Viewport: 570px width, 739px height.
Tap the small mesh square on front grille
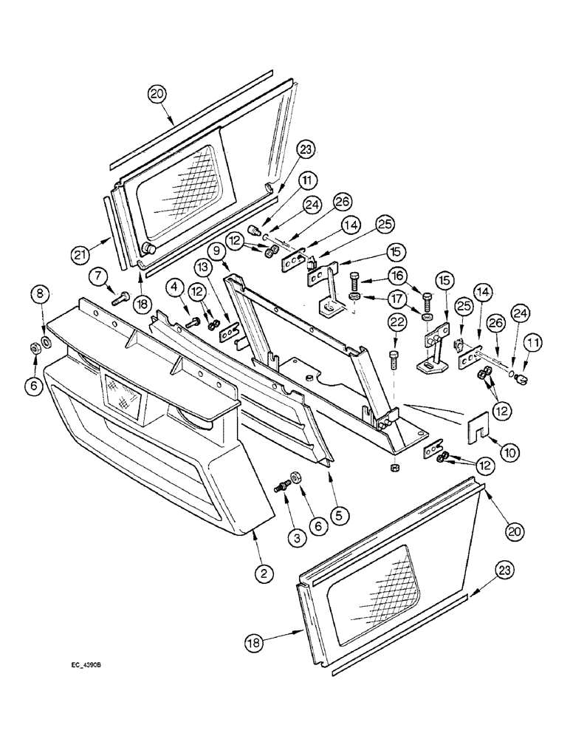point(123,395)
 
